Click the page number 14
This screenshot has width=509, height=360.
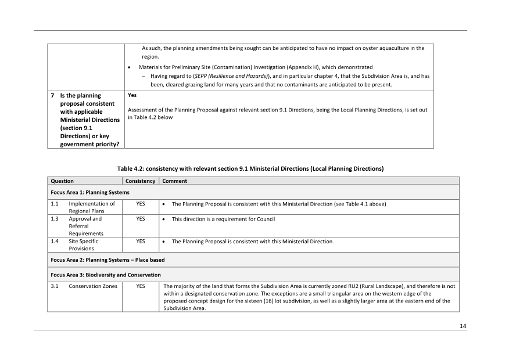pyautogui.click(x=463, y=326)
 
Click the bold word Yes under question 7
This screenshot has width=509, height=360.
pyautogui.click(x=132, y=95)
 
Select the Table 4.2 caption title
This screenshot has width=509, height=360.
pyautogui.click(x=250, y=168)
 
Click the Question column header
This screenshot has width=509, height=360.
pyautogui.click(x=62, y=181)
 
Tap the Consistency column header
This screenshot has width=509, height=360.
pyautogui.click(x=141, y=181)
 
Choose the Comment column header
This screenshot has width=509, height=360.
pyautogui.click(x=174, y=181)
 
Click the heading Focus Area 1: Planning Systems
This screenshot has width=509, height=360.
pyautogui.click(x=90, y=192)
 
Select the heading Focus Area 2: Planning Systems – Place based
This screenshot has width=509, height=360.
pyautogui.click(x=107, y=260)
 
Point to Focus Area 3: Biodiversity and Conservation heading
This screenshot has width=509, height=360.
pyautogui.click(x=106, y=275)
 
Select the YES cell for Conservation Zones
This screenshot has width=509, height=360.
pyautogui.click(x=141, y=286)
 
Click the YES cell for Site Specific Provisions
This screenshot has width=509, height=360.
pyautogui.click(x=141, y=242)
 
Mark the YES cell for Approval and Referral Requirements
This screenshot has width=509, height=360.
pyautogui.click(x=141, y=219)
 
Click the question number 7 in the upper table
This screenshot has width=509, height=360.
pyautogui.click(x=53, y=95)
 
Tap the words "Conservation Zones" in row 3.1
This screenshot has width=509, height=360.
pyautogui.click(x=93, y=286)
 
